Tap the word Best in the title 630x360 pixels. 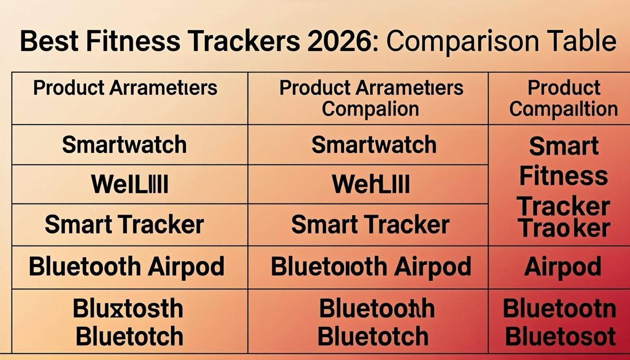point(49,41)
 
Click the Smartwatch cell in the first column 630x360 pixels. point(124,145)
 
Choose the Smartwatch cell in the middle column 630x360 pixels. point(374,145)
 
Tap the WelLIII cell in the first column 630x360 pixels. point(129,184)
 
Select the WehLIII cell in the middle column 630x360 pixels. point(371,184)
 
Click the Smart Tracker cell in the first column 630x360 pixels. point(124,225)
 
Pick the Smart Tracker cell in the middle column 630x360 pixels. point(370,225)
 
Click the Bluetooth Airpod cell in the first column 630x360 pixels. point(127,267)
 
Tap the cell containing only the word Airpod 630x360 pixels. point(562,267)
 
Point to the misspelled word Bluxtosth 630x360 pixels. point(128,308)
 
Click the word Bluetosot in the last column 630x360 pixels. point(560,337)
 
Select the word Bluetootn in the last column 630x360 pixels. point(559,308)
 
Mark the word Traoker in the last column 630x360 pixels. point(564,228)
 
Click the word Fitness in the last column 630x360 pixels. point(563,177)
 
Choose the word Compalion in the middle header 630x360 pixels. point(370,109)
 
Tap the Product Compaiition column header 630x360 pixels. point(563,98)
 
